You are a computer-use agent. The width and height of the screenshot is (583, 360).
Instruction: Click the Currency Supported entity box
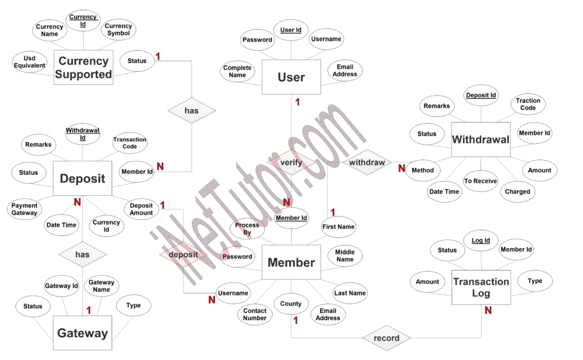click(x=84, y=68)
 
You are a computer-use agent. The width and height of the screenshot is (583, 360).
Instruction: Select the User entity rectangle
click(x=291, y=77)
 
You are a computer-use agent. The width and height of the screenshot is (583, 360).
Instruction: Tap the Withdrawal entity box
click(x=480, y=139)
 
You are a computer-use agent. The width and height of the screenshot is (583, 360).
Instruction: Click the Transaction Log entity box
click(x=481, y=287)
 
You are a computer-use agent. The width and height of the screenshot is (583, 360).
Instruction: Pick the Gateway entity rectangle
click(x=82, y=333)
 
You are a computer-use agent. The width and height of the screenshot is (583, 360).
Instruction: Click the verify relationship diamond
click(x=291, y=162)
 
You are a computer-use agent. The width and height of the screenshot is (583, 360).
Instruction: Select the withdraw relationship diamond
click(x=367, y=162)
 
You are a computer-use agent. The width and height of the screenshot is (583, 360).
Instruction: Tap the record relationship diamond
click(x=387, y=338)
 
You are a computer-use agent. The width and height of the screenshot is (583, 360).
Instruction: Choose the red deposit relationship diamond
click(x=183, y=255)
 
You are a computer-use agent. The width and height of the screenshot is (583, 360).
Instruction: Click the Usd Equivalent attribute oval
click(x=30, y=62)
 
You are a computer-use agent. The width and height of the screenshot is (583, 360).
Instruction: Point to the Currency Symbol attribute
click(x=118, y=30)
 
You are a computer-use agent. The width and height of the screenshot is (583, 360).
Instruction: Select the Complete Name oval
click(x=237, y=71)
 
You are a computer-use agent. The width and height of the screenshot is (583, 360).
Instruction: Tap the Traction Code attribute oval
click(x=528, y=104)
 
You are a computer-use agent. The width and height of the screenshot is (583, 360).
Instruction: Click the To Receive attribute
click(x=480, y=181)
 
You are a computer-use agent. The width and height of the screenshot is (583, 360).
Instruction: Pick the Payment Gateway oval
click(x=24, y=209)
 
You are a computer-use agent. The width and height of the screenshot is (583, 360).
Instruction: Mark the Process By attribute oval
click(x=247, y=229)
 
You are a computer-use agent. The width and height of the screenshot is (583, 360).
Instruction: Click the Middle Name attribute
click(x=344, y=256)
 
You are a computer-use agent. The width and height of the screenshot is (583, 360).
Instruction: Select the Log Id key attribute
click(x=481, y=240)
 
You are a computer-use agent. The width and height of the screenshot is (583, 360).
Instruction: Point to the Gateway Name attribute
click(x=101, y=286)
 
